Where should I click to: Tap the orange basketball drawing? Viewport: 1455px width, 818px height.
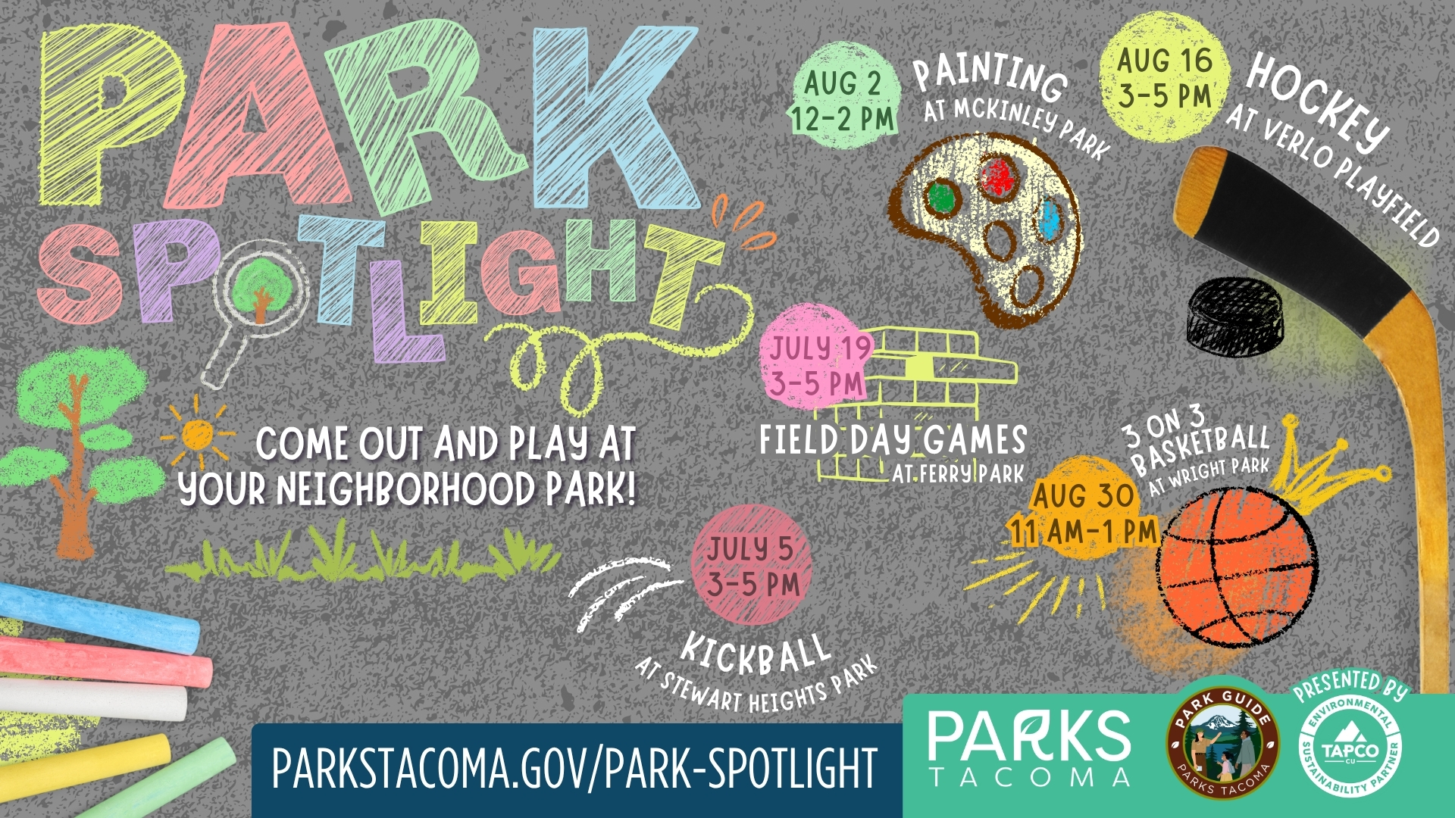point(1237,570)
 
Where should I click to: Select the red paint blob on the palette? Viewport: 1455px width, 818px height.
point(1000,178)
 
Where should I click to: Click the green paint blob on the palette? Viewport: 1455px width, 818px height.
point(942,198)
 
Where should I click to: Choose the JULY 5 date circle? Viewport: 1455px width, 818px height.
point(751,565)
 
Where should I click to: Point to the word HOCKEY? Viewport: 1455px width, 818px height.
point(1319,102)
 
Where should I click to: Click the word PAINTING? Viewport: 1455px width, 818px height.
point(990,76)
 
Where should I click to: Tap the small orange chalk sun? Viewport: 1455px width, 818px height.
point(197,434)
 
